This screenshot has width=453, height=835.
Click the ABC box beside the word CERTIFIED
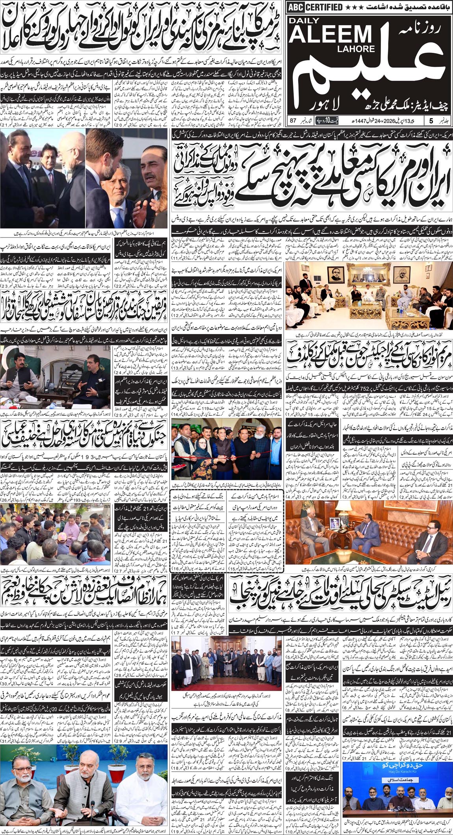click(294, 7)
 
